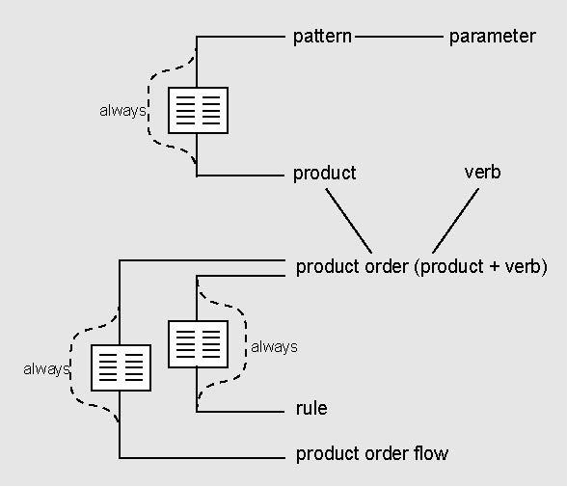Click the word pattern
click(x=322, y=37)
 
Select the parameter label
click(x=492, y=37)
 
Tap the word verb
click(x=483, y=172)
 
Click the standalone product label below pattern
click(x=324, y=174)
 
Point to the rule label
click(x=311, y=408)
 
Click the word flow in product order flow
click(x=431, y=453)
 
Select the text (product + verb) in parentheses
click(x=480, y=267)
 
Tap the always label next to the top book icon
click(x=122, y=111)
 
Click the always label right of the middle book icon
click(x=274, y=347)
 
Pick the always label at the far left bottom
click(x=46, y=369)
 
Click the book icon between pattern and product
click(x=199, y=110)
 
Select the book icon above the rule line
click(x=199, y=344)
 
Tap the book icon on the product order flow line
click(x=121, y=367)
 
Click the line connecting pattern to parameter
click(x=399, y=37)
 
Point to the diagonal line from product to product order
click(x=349, y=221)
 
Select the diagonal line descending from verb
click(x=455, y=221)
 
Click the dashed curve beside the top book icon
click(x=148, y=108)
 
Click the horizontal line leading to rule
click(x=240, y=412)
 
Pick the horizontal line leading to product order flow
click(x=202, y=458)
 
